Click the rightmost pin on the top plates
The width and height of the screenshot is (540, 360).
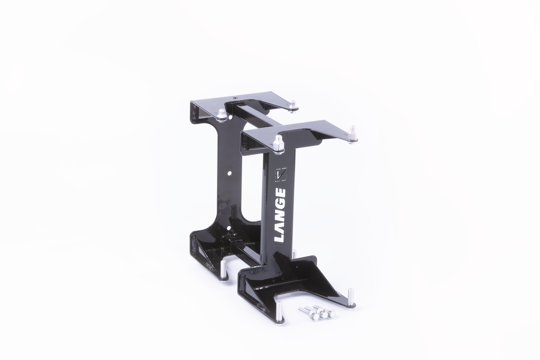[353, 134]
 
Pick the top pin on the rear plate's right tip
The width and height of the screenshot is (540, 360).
[293, 106]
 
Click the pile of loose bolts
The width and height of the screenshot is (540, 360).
[317, 312]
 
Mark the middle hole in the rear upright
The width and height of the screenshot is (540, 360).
[230, 172]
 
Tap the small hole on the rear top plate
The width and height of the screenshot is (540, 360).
[234, 97]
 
